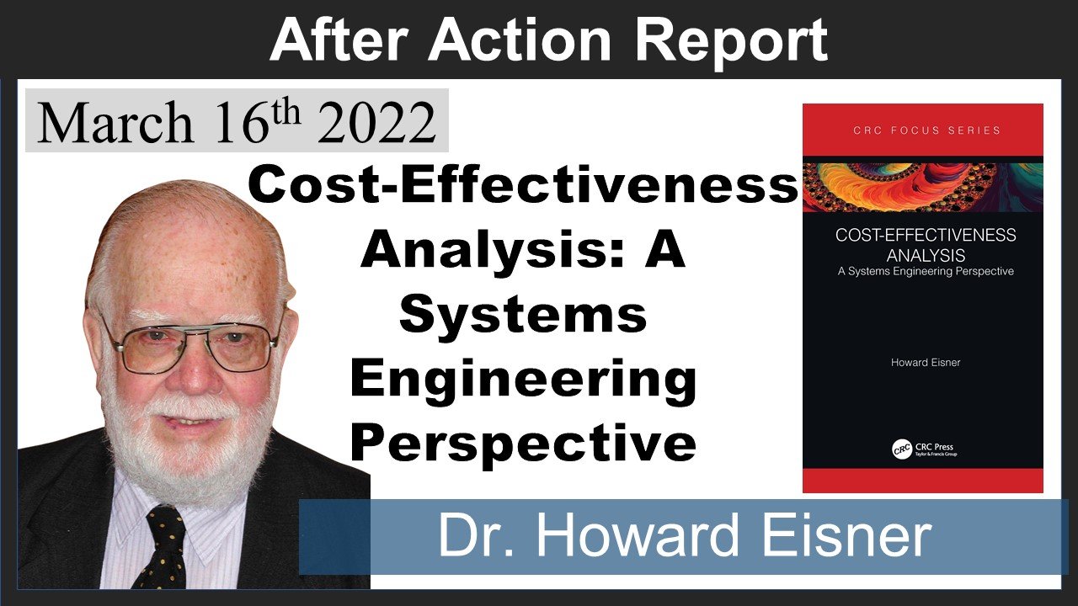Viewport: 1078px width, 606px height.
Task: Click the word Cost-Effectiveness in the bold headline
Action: [x=522, y=186]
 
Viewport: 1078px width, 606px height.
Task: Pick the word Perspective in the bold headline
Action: [x=522, y=443]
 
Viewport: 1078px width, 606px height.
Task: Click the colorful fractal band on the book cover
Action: [x=922, y=186]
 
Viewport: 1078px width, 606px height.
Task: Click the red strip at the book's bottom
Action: [x=922, y=481]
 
